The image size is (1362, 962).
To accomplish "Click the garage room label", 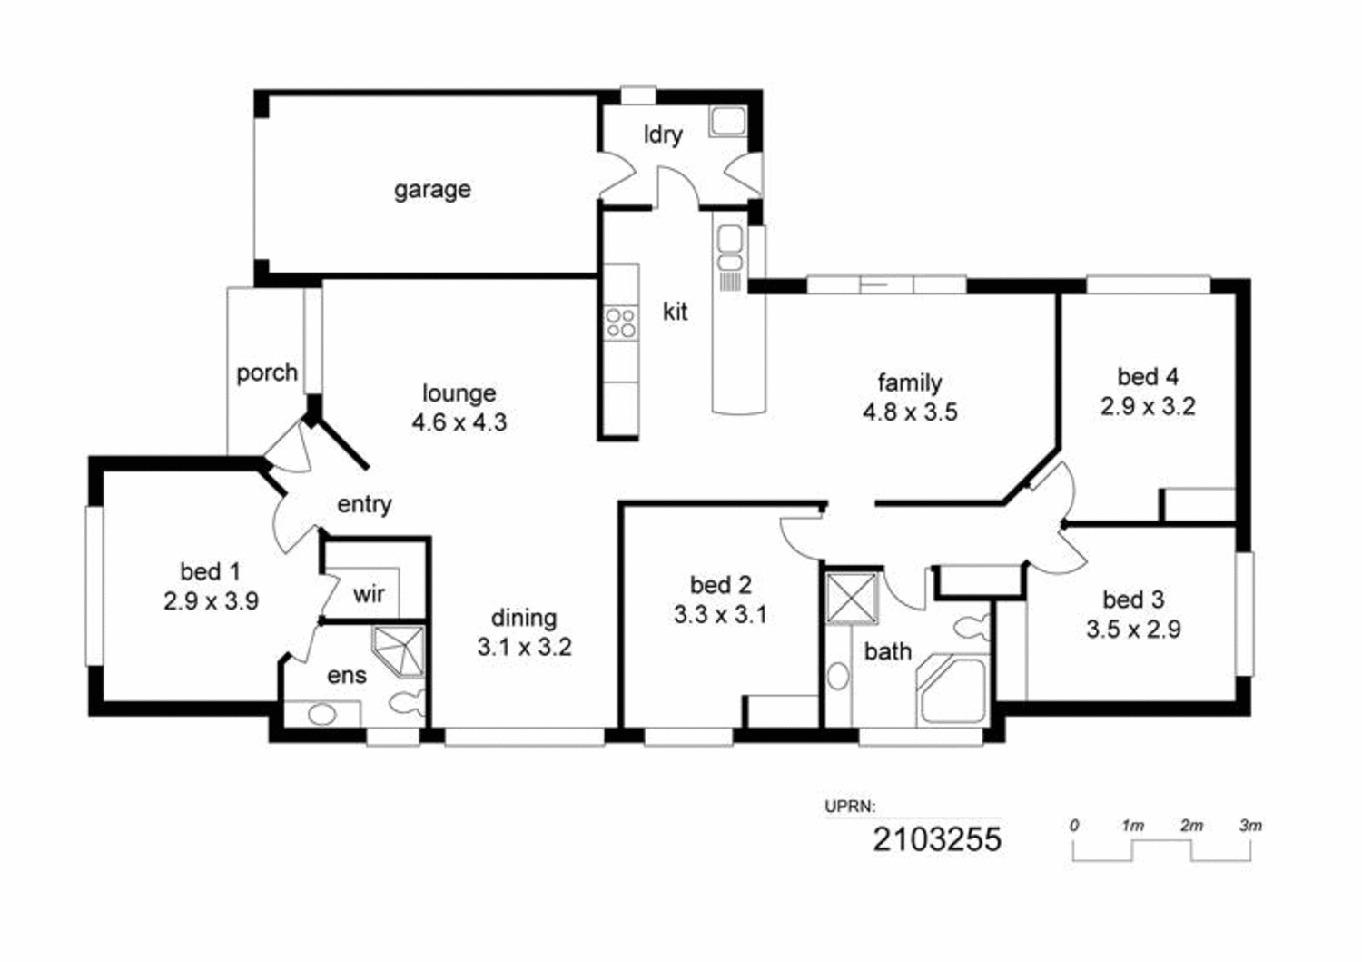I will [x=432, y=190].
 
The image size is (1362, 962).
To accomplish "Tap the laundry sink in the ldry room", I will [x=727, y=122].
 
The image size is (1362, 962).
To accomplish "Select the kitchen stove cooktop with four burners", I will [x=621, y=323].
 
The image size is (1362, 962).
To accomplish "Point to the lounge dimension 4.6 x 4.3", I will [x=459, y=422].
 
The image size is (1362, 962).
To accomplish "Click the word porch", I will [x=266, y=372].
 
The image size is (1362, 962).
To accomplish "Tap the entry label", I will [x=364, y=504].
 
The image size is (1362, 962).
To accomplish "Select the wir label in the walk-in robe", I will [x=369, y=594].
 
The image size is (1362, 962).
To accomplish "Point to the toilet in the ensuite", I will [x=406, y=702].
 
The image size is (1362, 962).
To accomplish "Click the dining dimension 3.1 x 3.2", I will [x=524, y=648].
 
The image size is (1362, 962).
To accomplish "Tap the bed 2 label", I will [x=720, y=585].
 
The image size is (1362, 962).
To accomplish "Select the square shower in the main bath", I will [x=852, y=597].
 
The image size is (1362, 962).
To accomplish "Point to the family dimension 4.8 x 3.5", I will [x=910, y=412].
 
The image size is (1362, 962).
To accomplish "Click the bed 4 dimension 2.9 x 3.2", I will [x=1148, y=406].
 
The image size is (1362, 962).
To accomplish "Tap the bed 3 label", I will [x=1133, y=600].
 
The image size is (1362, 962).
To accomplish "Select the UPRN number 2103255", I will [x=937, y=838].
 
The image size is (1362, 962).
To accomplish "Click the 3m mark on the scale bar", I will [x=1250, y=826].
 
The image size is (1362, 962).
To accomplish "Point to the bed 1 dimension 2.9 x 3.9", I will [x=211, y=601].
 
